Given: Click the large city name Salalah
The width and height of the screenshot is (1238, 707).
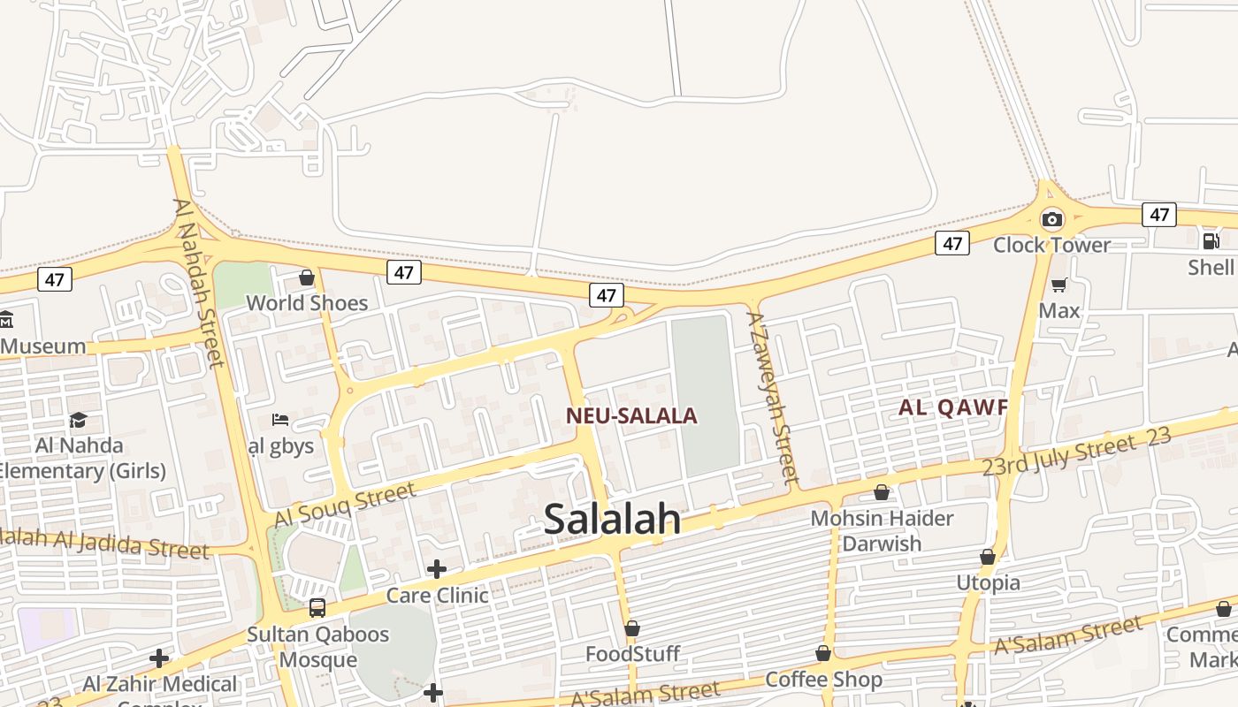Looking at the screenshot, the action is tap(612, 520).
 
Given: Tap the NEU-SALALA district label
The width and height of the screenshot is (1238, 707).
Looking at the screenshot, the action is tap(631, 415).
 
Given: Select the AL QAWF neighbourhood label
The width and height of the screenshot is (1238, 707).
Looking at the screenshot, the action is tap(953, 407).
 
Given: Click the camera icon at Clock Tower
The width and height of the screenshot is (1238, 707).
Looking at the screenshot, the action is tap(1051, 219).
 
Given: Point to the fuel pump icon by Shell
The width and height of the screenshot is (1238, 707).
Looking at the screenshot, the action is tap(1211, 240).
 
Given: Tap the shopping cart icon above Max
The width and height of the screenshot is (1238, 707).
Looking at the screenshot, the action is tap(1058, 285).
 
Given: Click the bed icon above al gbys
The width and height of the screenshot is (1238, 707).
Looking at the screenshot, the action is tap(280, 420).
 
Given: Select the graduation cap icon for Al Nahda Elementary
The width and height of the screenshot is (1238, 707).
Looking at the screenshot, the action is tap(79, 420).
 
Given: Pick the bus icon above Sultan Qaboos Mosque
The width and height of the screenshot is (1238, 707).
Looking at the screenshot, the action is tap(317, 608).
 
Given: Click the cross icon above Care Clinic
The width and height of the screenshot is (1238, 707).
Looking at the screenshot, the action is tap(437, 569).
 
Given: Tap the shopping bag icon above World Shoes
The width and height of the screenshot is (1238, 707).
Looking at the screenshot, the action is tap(307, 277).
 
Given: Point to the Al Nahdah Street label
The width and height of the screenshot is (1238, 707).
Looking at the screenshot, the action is tap(199, 282).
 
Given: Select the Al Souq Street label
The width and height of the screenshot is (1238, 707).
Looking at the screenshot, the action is tap(345, 505).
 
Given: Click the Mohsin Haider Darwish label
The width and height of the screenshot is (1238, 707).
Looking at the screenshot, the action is tap(882, 530).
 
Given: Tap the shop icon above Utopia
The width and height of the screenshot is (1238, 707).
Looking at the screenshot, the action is tap(988, 557).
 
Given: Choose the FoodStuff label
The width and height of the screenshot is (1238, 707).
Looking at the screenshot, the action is tap(632, 654).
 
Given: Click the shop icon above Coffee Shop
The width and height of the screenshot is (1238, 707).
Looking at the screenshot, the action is tap(823, 653).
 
